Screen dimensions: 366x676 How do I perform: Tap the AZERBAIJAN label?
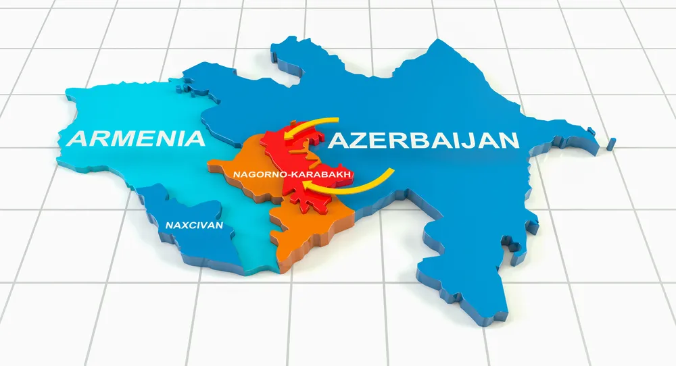423,141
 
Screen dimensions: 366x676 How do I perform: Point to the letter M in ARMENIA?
121,138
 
